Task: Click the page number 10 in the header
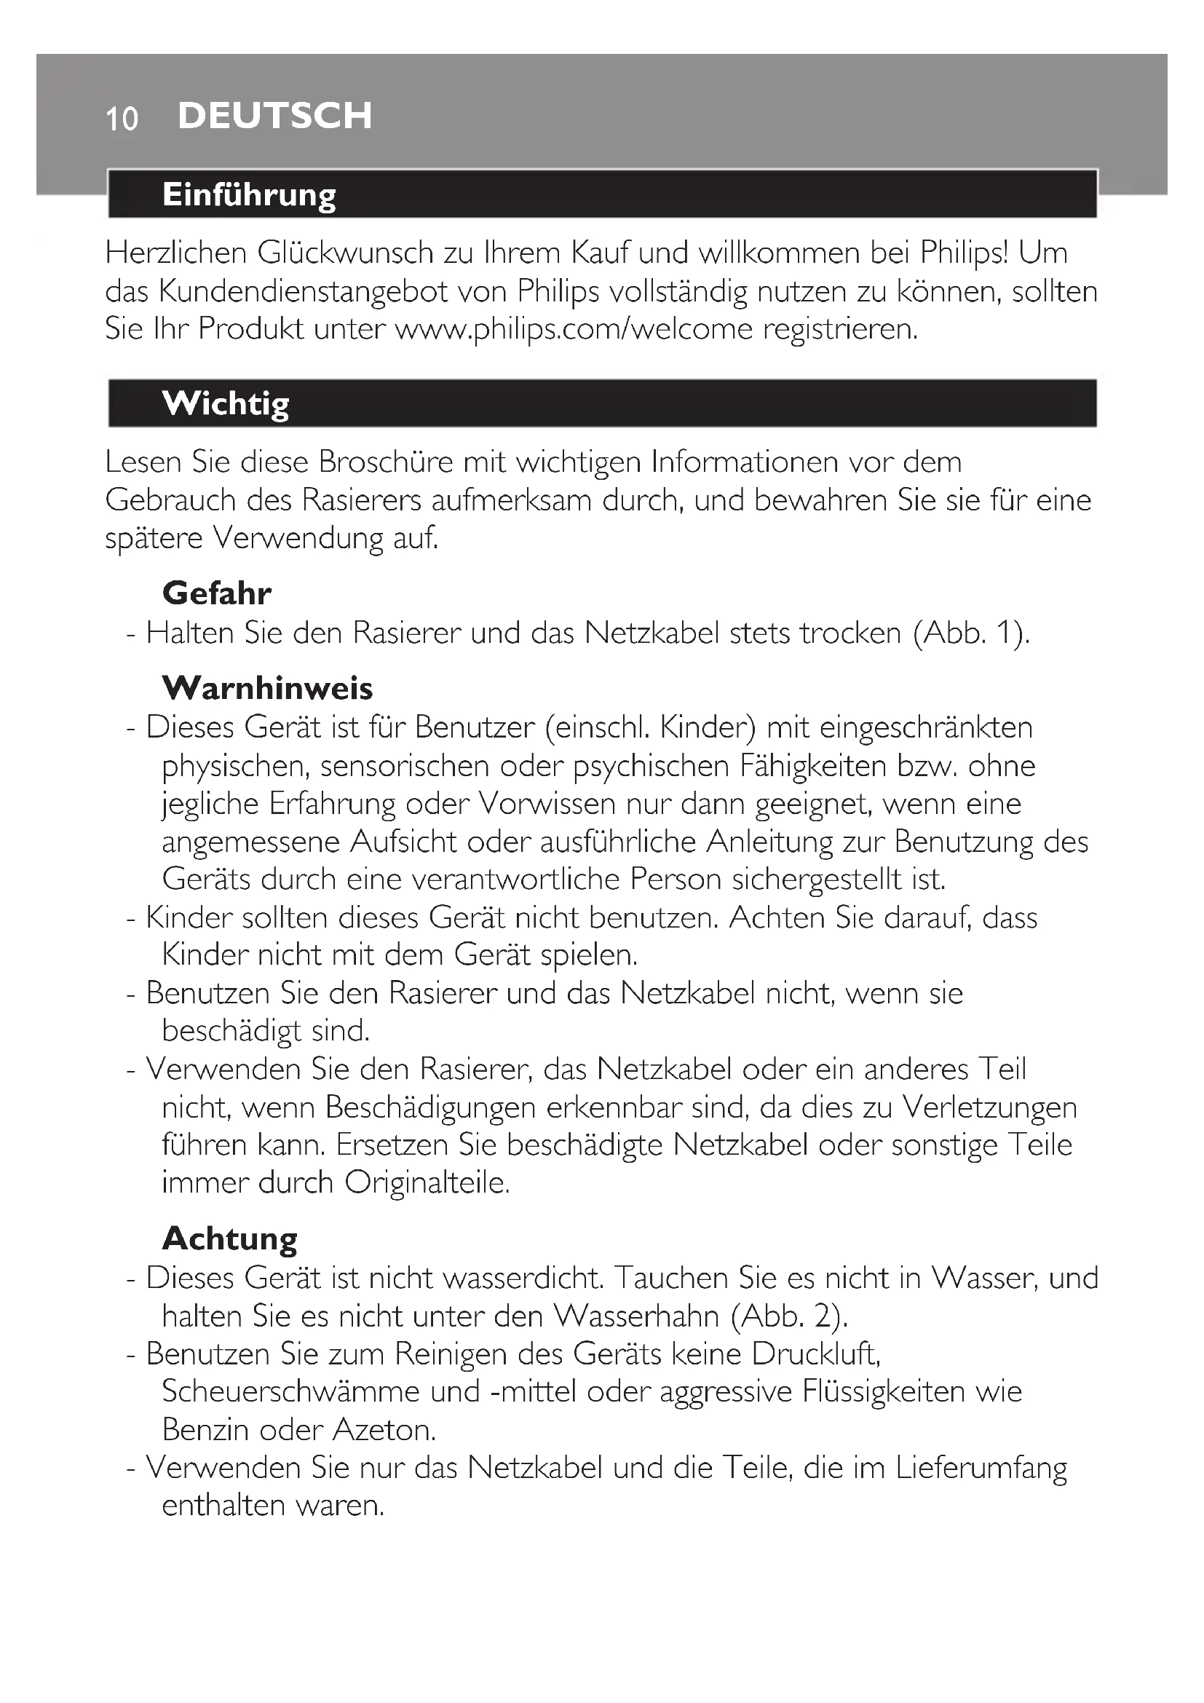[x=122, y=119]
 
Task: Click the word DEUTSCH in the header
[x=275, y=116]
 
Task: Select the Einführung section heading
[x=249, y=194]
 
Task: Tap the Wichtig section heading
[x=226, y=403]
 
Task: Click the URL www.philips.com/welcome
[x=574, y=328]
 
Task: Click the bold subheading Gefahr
[x=216, y=593]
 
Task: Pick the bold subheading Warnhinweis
[x=267, y=687]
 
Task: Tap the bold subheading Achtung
[x=230, y=1238]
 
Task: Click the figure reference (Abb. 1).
[x=971, y=633]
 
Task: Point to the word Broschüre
[x=386, y=462]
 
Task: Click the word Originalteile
[x=427, y=1182]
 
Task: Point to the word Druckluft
[x=815, y=1354]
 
